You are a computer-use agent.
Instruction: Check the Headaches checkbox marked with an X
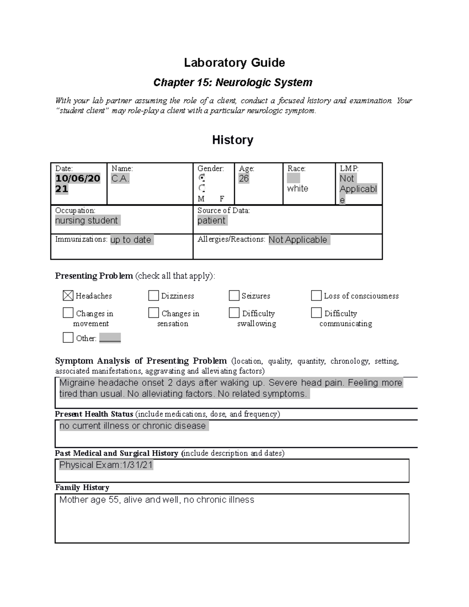tap(68, 295)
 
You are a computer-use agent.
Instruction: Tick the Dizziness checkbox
tap(154, 295)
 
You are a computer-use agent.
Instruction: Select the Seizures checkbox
tap(234, 295)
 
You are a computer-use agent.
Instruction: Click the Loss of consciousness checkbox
tap(316, 295)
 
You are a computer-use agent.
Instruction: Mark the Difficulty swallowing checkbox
tap(234, 313)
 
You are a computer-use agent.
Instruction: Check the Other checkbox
tap(68, 338)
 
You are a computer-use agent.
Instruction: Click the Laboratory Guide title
tap(234, 63)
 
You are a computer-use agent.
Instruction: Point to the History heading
tap(233, 140)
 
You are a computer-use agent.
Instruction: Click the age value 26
tap(244, 179)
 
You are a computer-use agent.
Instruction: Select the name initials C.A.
tap(120, 179)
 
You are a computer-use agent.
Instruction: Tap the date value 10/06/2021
tap(77, 184)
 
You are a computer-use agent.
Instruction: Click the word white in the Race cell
tap(297, 189)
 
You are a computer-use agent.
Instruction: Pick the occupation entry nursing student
tap(86, 220)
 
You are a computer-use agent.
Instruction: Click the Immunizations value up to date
tap(131, 240)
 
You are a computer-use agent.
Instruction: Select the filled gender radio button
tap(202, 178)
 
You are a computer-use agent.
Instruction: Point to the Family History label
tap(82, 487)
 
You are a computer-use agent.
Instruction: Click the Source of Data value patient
tap(211, 220)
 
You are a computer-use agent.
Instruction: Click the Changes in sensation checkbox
tap(154, 313)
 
